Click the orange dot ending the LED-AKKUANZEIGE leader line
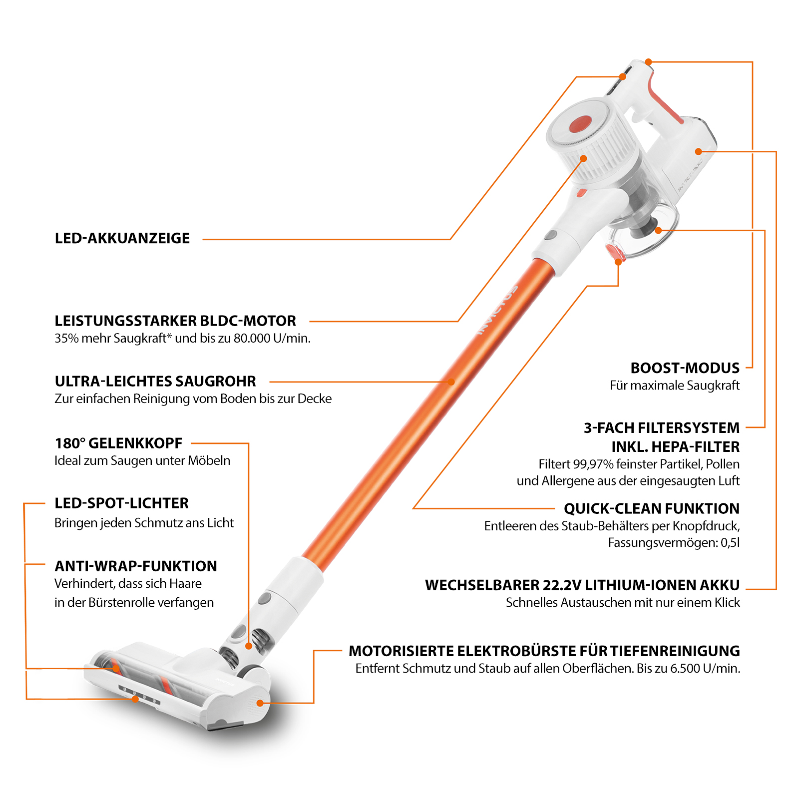tap(623, 77)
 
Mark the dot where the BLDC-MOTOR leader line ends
tap(583, 158)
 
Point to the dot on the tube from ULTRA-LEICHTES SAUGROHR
tap(451, 382)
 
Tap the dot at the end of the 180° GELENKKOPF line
tap(248, 646)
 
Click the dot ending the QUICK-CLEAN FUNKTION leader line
tap(618, 262)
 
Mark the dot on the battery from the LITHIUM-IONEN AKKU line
tap(699, 151)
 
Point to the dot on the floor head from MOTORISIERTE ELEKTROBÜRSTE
tap(260, 703)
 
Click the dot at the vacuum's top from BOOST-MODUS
tap(648, 62)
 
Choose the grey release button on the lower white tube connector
tap(264, 598)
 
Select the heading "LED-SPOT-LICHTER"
tap(122, 503)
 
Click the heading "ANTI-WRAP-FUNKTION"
tap(136, 566)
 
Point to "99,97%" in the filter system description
tap(593, 464)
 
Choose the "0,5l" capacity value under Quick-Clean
tap(730, 543)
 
